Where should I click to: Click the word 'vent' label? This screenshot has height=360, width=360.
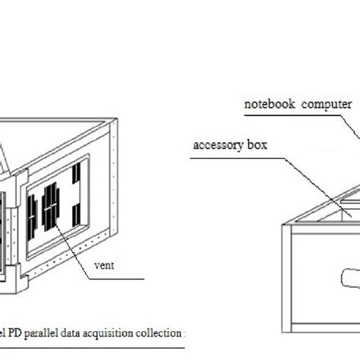[x=104, y=266]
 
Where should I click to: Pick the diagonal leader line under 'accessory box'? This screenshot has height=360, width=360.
[x=304, y=159]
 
